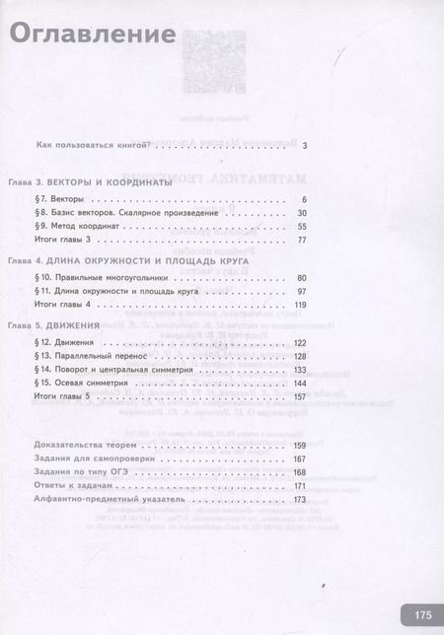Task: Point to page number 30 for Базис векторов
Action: [x=302, y=214]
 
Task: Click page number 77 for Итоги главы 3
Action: [x=302, y=241]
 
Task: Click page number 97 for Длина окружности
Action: [x=302, y=293]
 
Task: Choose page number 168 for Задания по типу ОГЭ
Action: [x=301, y=473]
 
